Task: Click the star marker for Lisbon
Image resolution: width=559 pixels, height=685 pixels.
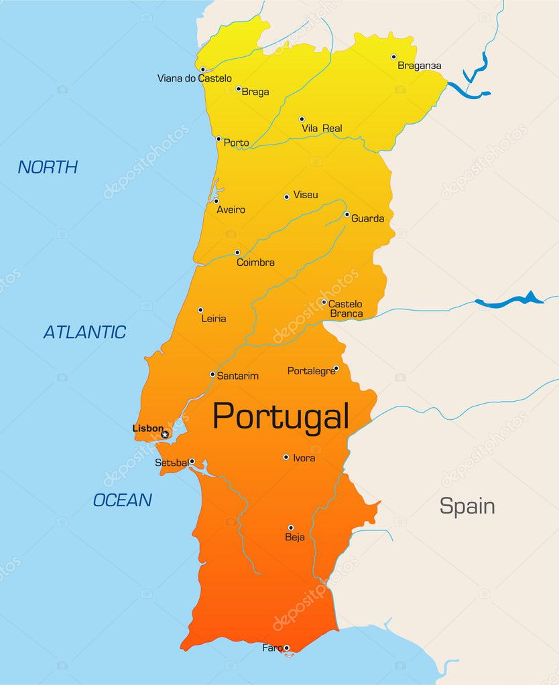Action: [165, 435]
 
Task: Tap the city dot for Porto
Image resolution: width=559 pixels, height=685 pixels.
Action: [219, 139]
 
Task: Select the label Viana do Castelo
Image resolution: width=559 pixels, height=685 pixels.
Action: [194, 78]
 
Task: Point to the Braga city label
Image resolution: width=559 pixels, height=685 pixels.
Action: [255, 92]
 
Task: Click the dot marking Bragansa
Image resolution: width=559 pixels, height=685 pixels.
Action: [393, 57]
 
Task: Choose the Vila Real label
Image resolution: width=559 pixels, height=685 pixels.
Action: [322, 128]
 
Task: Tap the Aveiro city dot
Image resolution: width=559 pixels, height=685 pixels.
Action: [216, 201]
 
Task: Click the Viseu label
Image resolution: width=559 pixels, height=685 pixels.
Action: [306, 195]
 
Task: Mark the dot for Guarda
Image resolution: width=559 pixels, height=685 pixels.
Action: [347, 214]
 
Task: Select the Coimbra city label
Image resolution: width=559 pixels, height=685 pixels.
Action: [255, 262]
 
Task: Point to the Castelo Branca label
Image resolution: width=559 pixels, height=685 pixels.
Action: [345, 309]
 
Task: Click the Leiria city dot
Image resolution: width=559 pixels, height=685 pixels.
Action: [200, 310]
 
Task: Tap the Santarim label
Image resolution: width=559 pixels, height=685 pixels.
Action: [237, 376]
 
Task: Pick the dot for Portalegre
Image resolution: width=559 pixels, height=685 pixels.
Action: [336, 368]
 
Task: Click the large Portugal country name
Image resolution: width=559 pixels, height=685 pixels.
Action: [281, 416]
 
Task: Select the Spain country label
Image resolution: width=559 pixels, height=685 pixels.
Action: [467, 506]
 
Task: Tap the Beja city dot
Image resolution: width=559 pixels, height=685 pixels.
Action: [291, 528]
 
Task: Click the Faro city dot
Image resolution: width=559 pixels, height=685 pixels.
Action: [286, 648]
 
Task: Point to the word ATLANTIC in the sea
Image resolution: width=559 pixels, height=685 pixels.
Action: [84, 332]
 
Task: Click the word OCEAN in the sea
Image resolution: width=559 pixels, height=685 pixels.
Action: [122, 500]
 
